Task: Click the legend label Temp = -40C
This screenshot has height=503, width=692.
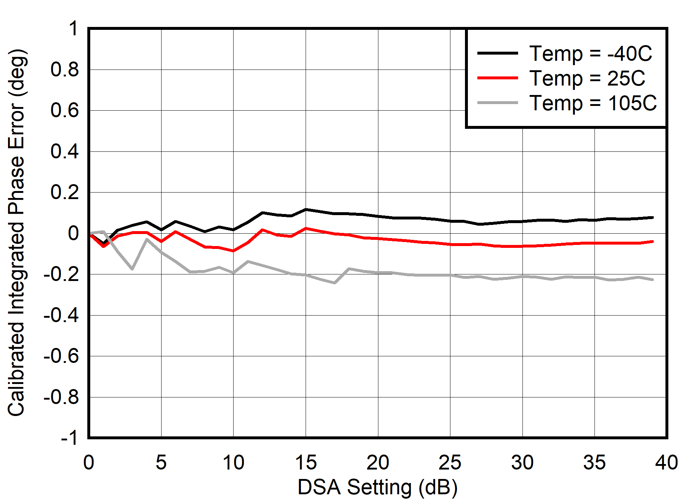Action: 590,54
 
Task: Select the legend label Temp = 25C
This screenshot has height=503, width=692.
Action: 587,78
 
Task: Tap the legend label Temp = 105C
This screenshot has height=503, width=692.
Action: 593,103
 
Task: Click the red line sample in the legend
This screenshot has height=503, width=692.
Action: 497,78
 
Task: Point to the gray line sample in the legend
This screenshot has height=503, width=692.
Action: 497,103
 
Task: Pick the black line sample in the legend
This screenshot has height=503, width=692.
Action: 497,53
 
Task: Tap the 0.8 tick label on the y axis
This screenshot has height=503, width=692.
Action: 64,70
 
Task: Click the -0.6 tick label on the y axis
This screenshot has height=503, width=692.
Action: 61,356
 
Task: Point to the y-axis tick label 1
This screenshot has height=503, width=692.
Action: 73,28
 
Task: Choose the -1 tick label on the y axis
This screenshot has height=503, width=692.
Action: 69,437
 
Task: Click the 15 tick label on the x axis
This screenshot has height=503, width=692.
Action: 306,463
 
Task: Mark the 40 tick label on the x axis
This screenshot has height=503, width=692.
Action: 667,463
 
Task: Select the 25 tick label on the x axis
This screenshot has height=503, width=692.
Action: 450,463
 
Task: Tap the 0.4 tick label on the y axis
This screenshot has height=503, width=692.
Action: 64,151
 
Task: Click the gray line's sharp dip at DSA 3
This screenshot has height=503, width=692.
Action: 132,269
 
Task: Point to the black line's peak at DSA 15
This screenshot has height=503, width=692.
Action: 306,209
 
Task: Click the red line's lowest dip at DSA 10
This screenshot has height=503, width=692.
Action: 233,251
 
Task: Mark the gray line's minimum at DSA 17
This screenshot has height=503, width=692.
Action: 334,283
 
